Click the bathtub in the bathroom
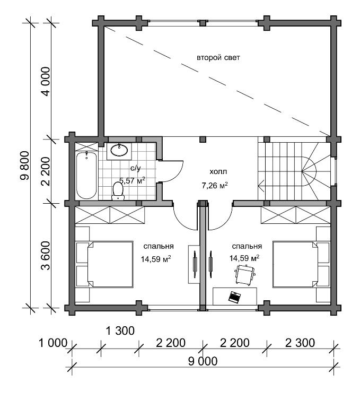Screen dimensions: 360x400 [x=86, y=176]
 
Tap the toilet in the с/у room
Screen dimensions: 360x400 [x=118, y=191]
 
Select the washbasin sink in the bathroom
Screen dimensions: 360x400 [x=119, y=150]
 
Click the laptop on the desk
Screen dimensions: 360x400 [x=234, y=297]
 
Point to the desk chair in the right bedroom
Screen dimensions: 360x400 [x=245, y=275]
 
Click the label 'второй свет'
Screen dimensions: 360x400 [x=218, y=58]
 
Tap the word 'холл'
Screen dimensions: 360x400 [x=218, y=172]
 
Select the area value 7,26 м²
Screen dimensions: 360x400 [x=215, y=185]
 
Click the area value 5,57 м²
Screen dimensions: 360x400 [x=133, y=180]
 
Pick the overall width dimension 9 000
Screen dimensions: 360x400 [x=203, y=361]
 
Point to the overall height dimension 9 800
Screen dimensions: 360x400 [x=25, y=166]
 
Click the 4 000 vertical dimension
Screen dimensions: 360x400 [x=46, y=81]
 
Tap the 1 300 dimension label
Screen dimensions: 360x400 [x=120, y=331]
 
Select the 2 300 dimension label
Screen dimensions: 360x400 [x=300, y=343]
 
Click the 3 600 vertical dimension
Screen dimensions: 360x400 [x=46, y=256]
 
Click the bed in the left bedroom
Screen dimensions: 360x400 [x=105, y=264]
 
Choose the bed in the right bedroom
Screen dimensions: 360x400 [x=301, y=264]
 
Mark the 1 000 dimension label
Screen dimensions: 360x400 [x=53, y=343]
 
